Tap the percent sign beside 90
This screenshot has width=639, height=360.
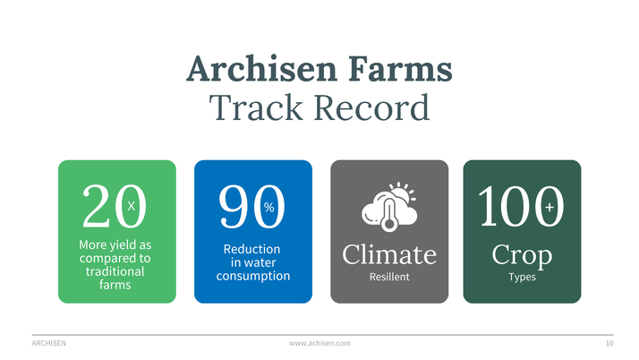pyautogui.click(x=268, y=207)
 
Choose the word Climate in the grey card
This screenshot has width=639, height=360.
pyautogui.click(x=389, y=254)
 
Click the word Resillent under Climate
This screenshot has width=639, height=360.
pyautogui.click(x=389, y=277)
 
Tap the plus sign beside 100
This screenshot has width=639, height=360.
pyautogui.click(x=549, y=208)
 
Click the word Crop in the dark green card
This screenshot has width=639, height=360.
pyautogui.click(x=522, y=255)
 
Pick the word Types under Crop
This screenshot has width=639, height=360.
pyautogui.click(x=522, y=277)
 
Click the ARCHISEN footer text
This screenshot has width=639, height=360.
pyautogui.click(x=48, y=343)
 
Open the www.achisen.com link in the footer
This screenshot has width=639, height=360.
pyautogui.click(x=319, y=343)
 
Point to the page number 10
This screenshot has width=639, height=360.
pyautogui.click(x=609, y=343)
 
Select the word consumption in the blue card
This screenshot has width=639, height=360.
pyautogui.click(x=253, y=276)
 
